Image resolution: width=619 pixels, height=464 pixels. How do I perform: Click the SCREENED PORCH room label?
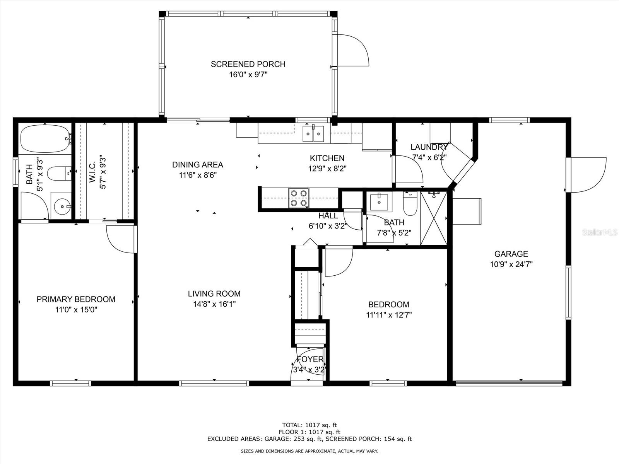[x=248, y=64]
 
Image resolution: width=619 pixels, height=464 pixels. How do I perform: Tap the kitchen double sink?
[x=313, y=133]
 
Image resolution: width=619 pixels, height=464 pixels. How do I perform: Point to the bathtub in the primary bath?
[x=45, y=139]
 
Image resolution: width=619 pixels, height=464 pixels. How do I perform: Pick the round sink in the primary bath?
[x=61, y=206]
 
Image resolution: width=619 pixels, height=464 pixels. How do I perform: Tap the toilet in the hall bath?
[x=410, y=204]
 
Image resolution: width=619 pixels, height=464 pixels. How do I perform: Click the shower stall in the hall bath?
[x=434, y=218]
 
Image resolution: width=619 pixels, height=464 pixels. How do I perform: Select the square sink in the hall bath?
[x=379, y=202]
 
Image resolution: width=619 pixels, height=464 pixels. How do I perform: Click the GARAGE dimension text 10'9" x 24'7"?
[x=511, y=264]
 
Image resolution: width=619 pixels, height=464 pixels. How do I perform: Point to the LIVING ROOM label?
[x=214, y=293]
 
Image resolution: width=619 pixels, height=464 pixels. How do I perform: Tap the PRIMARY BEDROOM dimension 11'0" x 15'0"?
[x=76, y=310]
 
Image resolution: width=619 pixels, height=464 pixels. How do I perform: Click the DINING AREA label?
[x=198, y=165]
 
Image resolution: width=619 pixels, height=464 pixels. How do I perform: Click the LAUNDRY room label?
[x=429, y=147]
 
